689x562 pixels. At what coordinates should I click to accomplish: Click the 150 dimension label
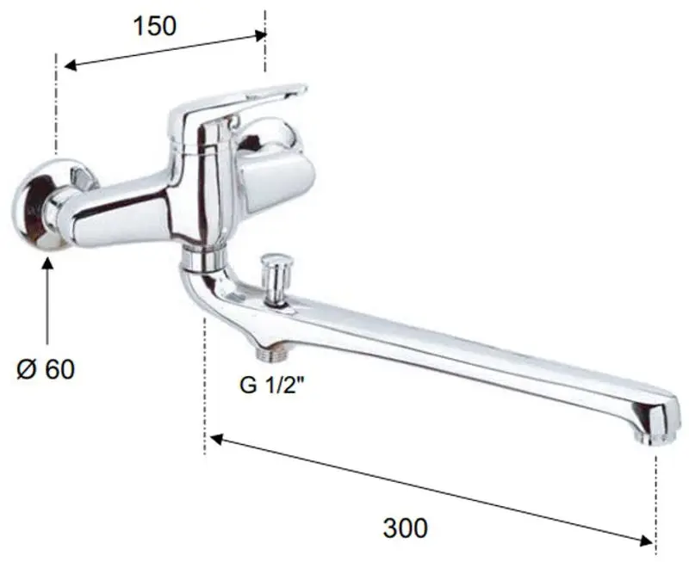tap(155, 26)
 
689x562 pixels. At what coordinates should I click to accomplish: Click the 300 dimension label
tap(405, 528)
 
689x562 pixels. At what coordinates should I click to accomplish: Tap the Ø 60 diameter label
tap(47, 369)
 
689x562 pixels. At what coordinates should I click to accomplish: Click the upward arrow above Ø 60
tap(47, 300)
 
